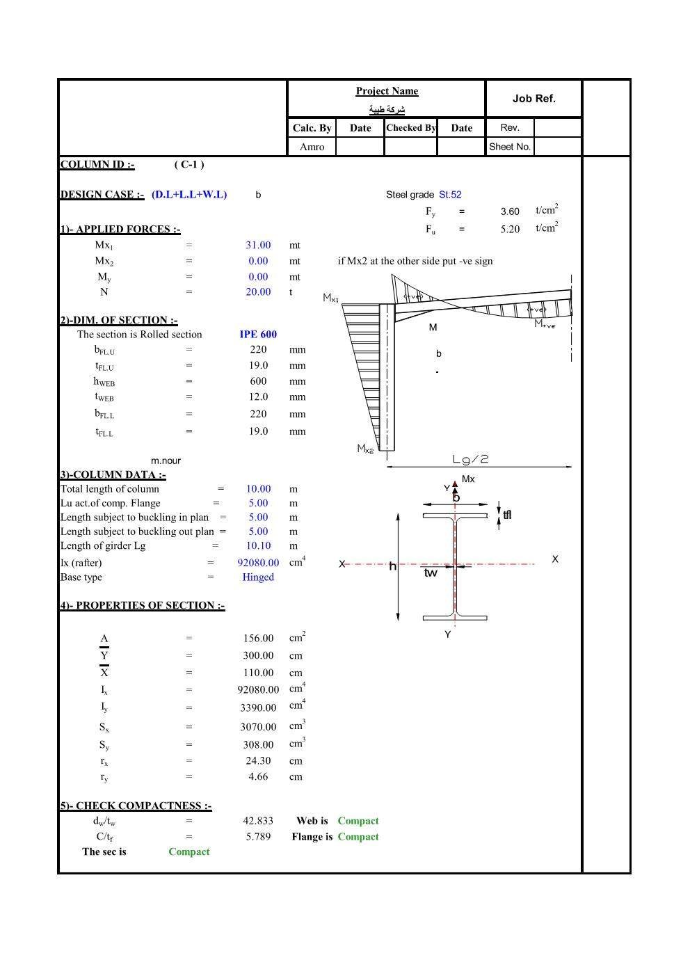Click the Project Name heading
387,91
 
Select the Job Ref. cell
533,99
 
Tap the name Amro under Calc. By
312,147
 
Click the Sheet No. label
509,147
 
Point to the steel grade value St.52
450,195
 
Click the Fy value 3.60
510,211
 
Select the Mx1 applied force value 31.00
258,245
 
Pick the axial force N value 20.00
258,292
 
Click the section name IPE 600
258,335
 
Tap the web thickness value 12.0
258,397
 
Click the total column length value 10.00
258,489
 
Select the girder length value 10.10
258,546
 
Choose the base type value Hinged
258,577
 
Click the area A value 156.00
258,639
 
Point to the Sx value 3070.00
258,727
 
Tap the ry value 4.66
258,777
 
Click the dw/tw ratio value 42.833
258,821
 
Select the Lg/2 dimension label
471,459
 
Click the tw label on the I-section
431,573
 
